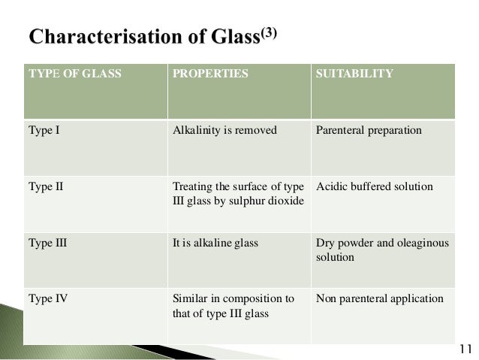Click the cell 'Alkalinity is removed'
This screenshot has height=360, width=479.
[x=224, y=130]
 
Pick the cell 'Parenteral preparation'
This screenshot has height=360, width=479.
[x=369, y=130]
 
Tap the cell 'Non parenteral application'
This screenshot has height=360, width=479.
[x=380, y=298]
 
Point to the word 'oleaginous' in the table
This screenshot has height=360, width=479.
[x=418, y=244]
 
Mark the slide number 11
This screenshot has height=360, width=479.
[x=464, y=347]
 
